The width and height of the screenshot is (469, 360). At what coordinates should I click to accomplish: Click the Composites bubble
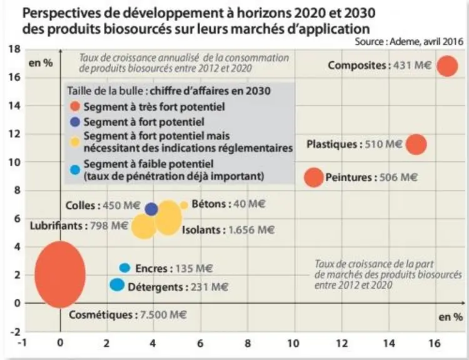(x=447, y=66)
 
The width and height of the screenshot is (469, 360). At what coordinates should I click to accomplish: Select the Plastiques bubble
(x=416, y=144)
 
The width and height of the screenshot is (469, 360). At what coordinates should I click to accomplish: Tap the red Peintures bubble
(x=314, y=177)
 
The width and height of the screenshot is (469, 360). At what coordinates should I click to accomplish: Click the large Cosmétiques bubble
(x=60, y=274)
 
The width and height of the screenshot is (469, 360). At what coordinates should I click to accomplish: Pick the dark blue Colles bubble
(x=151, y=209)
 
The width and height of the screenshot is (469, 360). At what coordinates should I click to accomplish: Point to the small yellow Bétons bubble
(x=184, y=205)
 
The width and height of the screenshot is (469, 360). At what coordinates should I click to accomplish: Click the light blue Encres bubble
(x=124, y=268)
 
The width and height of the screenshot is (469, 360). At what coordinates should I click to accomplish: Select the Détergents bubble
(x=117, y=284)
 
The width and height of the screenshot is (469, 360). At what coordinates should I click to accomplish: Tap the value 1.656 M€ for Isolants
(x=251, y=230)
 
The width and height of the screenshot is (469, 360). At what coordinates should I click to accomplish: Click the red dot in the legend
(x=75, y=106)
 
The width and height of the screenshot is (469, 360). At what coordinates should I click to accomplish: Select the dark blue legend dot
(x=75, y=122)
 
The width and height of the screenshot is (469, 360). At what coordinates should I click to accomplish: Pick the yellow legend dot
(x=75, y=142)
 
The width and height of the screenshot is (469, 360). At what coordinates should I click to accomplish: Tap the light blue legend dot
(x=75, y=170)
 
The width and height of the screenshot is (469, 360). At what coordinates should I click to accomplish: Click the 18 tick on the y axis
(x=15, y=49)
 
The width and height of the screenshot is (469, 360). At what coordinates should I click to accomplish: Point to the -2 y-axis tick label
(x=15, y=332)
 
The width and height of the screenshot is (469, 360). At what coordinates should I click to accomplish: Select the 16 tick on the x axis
(x=435, y=344)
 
